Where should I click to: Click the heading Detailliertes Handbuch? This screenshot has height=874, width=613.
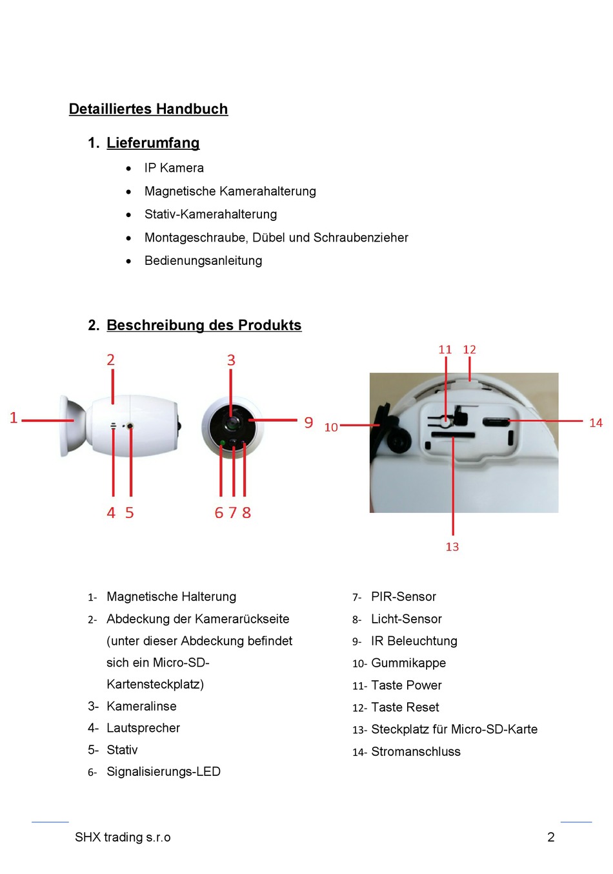(x=148, y=109)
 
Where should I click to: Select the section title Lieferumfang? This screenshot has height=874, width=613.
(x=153, y=143)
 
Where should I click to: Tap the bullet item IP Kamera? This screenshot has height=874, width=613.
(x=174, y=168)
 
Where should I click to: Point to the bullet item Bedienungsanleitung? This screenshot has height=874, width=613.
(x=203, y=261)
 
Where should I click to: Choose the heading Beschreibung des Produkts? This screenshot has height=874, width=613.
(x=204, y=325)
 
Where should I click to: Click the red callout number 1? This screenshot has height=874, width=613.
(x=14, y=418)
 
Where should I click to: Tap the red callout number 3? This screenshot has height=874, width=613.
(x=231, y=360)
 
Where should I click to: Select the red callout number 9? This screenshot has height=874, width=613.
(x=308, y=422)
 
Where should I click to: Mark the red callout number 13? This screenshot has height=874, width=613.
(x=452, y=546)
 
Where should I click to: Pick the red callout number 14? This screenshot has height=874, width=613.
(x=596, y=423)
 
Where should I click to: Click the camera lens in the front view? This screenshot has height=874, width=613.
(x=232, y=423)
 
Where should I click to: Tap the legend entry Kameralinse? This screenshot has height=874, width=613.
(x=141, y=706)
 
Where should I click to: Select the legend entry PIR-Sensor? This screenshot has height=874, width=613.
(x=403, y=597)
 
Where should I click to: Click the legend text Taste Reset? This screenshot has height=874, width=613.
(x=405, y=707)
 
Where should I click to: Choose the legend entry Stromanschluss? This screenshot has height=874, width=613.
(x=416, y=752)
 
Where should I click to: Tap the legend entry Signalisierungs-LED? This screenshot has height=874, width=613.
(x=163, y=772)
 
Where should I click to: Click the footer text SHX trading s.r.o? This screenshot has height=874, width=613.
(x=123, y=837)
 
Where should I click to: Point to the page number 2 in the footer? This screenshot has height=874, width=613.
(x=551, y=837)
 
